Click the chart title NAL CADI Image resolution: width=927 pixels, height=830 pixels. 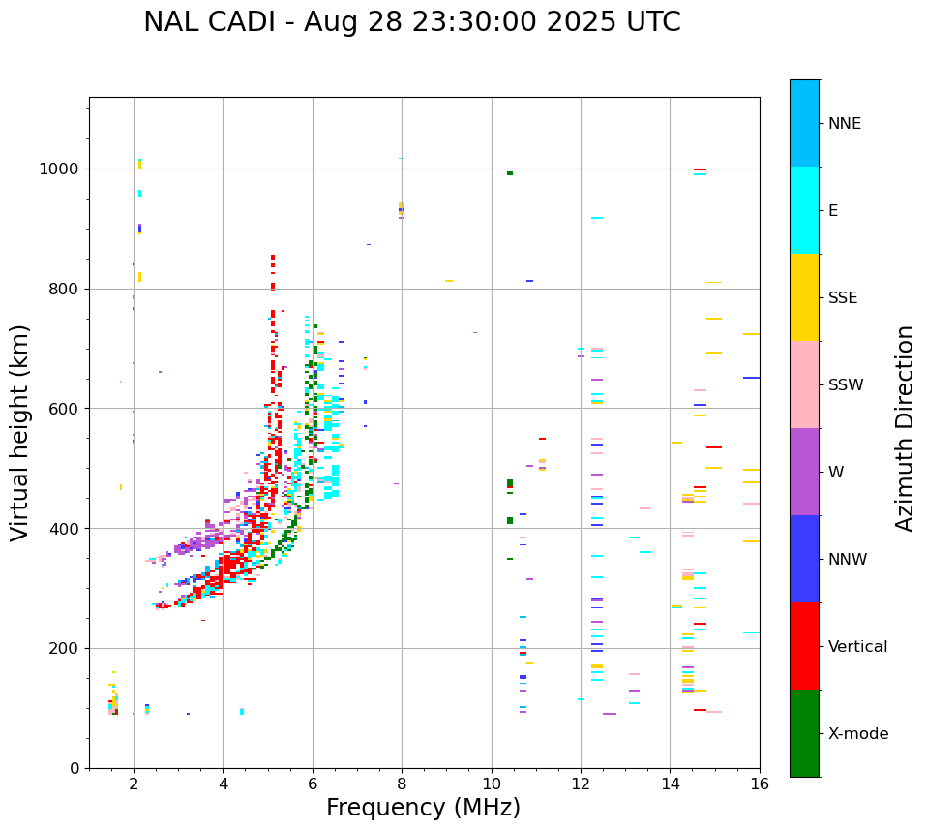point(411,22)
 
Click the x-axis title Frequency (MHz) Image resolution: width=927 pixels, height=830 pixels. point(423,808)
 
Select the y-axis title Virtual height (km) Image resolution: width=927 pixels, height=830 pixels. point(20,432)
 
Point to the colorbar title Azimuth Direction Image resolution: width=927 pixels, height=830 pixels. point(905,427)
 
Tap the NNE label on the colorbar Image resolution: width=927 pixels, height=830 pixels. point(844,124)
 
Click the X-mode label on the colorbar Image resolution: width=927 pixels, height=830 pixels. point(857,734)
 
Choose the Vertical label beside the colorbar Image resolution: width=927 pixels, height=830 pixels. point(857,647)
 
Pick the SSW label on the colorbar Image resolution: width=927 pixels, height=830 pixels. point(846,385)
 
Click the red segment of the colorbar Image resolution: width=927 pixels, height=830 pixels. point(804,646)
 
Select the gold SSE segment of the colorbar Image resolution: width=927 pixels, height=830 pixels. point(804,297)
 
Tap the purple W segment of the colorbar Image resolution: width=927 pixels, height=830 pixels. point(804,472)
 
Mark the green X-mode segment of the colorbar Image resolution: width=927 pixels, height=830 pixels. point(804,733)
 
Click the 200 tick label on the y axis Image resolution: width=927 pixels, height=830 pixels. point(69,648)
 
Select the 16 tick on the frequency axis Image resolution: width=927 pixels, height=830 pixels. point(760,784)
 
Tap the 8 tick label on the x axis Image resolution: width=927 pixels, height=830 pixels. point(403,784)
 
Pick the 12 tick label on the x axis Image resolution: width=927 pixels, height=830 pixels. point(581,784)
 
